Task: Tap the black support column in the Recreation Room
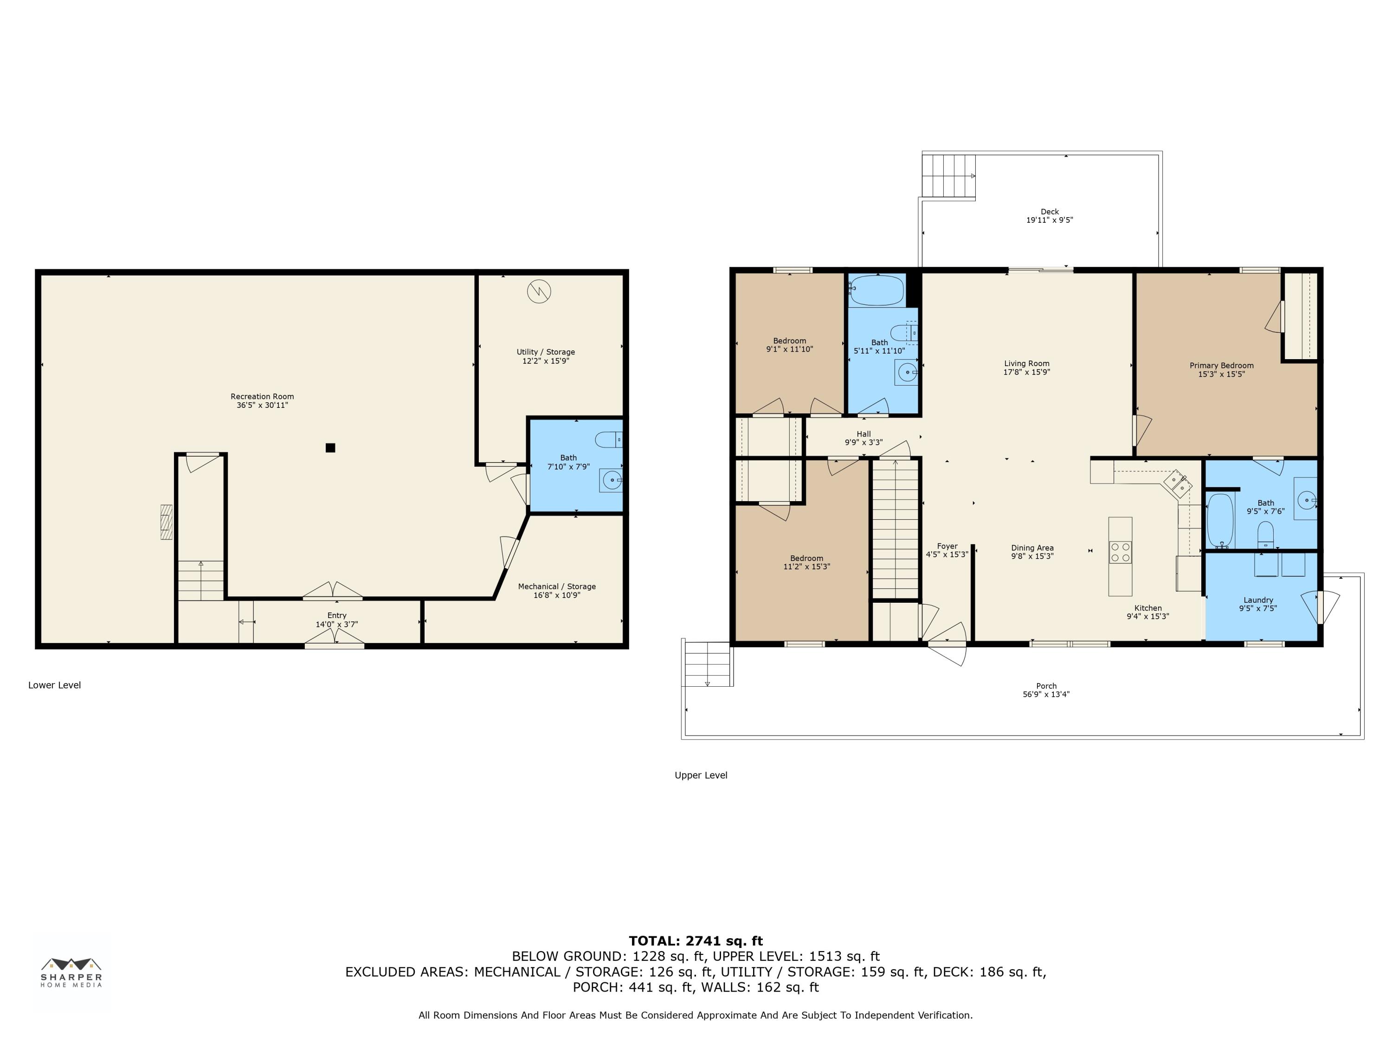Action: click(x=330, y=448)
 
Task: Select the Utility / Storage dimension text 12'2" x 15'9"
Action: click(x=546, y=361)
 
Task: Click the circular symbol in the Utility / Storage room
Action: click(x=539, y=291)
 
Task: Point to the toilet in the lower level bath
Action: click(x=608, y=439)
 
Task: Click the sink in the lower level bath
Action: click(x=611, y=480)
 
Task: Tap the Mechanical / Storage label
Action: click(x=557, y=586)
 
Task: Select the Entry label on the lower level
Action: click(x=337, y=615)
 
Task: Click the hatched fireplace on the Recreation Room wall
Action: click(x=167, y=522)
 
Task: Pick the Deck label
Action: click(x=1050, y=212)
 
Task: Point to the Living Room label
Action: click(x=1026, y=364)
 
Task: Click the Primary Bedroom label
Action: click(x=1221, y=366)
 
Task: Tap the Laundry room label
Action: click(x=1258, y=600)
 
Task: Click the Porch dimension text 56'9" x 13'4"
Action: click(x=1046, y=695)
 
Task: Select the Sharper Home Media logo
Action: click(x=71, y=972)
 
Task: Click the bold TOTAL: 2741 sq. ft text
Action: click(x=696, y=941)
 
